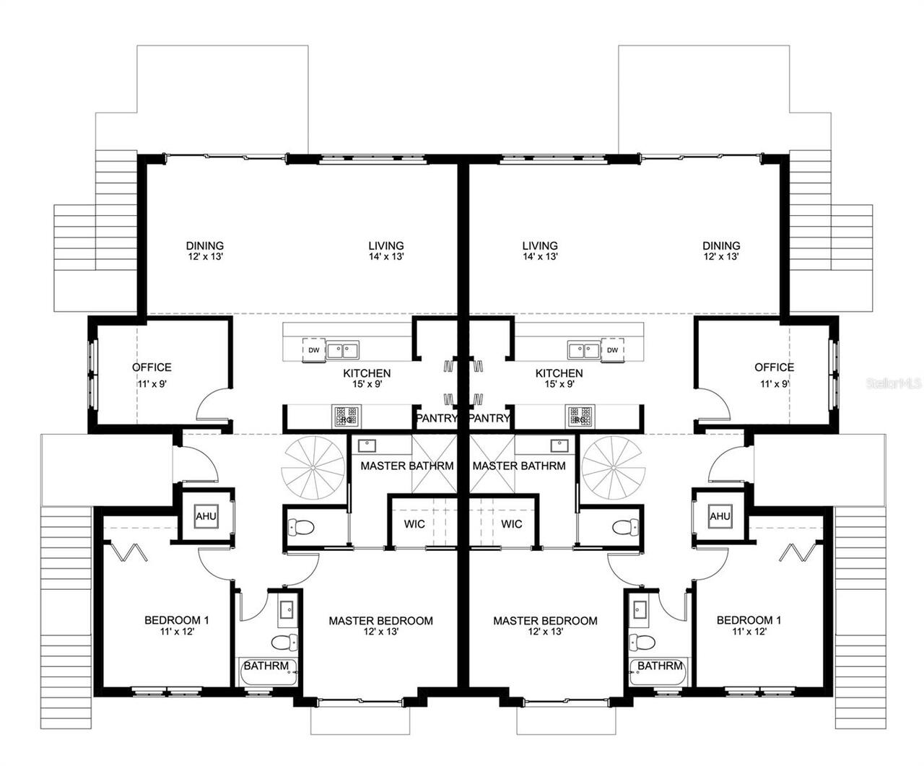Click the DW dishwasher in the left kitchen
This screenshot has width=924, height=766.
[x=314, y=350]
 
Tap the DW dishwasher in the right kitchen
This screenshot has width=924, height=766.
[x=612, y=349]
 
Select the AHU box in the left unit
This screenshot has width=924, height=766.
[x=206, y=516]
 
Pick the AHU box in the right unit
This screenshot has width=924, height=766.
[x=720, y=516]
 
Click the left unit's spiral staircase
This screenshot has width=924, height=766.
[x=313, y=467]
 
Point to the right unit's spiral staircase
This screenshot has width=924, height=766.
[x=614, y=467]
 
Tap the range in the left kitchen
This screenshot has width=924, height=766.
[x=346, y=416]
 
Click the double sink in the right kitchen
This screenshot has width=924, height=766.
[x=584, y=350]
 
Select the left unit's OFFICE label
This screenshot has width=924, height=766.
[x=152, y=367]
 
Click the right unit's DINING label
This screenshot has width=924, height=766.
[x=721, y=245]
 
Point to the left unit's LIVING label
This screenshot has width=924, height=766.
[x=386, y=245]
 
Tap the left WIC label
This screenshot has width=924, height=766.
[x=414, y=524]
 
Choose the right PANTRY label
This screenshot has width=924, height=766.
[x=489, y=418]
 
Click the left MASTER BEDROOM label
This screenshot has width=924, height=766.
[x=380, y=621]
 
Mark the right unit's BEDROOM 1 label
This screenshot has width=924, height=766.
[x=749, y=620]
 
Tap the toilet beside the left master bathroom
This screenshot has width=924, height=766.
[x=301, y=527]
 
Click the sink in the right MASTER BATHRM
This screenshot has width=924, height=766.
[x=559, y=445]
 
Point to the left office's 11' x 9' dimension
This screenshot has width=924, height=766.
[x=152, y=383]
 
